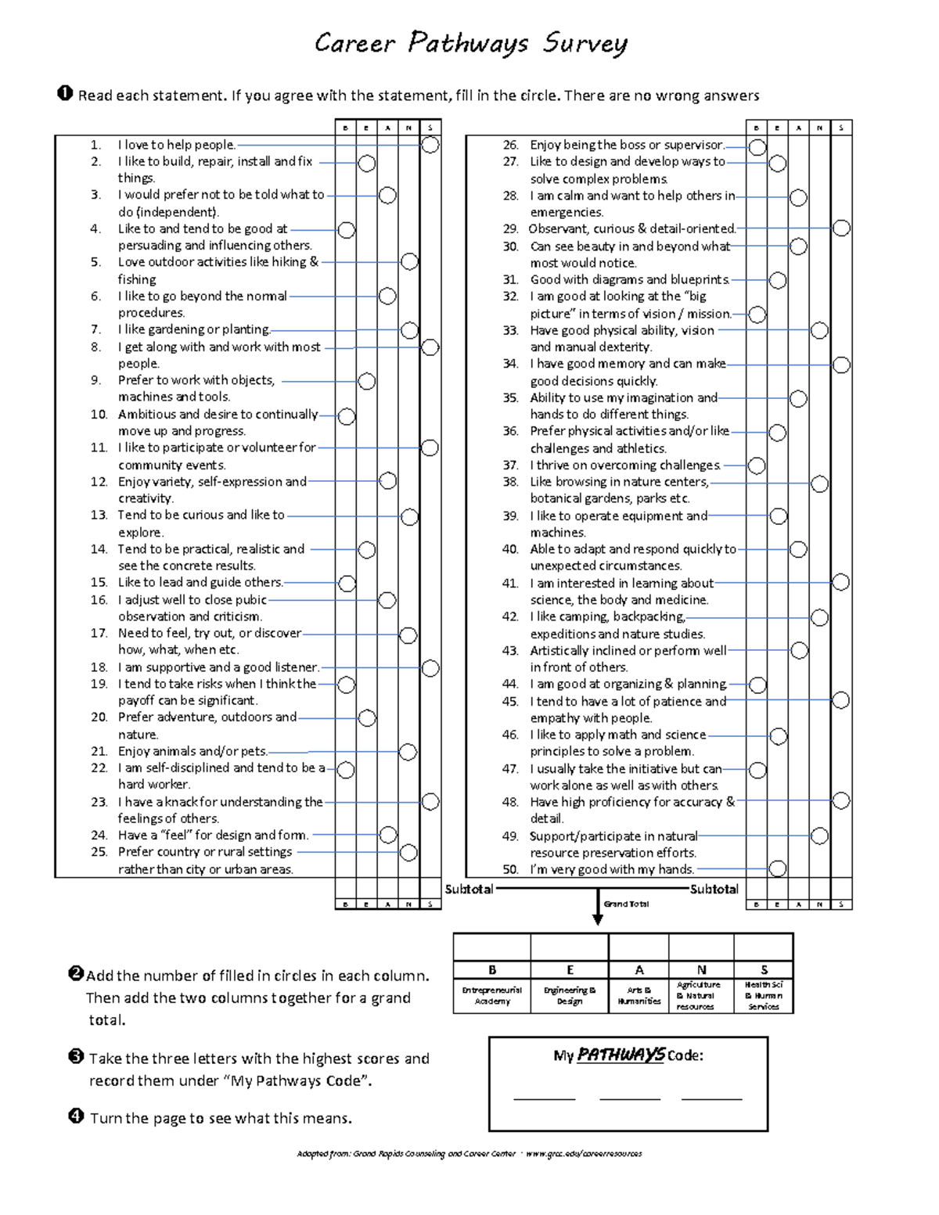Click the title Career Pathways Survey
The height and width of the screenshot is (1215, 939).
click(470, 43)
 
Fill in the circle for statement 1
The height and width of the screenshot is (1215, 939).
click(430, 145)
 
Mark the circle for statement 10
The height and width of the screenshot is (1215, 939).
click(346, 416)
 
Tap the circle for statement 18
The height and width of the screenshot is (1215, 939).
click(430, 668)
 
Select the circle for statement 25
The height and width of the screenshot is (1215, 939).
click(408, 853)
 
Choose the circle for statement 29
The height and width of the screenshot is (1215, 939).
click(840, 228)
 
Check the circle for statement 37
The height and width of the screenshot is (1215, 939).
click(757, 466)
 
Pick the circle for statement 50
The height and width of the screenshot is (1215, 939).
click(777, 868)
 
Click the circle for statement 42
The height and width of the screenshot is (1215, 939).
click(819, 618)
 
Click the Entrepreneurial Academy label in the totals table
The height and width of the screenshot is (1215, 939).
click(491, 995)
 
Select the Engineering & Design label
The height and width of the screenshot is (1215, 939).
click(570, 995)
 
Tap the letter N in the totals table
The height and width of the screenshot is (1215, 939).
click(701, 969)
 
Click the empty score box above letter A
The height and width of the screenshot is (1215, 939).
click(639, 947)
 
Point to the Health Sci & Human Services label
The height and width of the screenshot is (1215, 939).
click(764, 995)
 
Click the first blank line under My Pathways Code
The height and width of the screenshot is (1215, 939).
click(544, 1098)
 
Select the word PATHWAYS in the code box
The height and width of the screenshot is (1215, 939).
click(621, 1055)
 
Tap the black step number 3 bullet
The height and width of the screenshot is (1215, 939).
click(76, 1057)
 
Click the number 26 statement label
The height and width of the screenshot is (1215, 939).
click(510, 145)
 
